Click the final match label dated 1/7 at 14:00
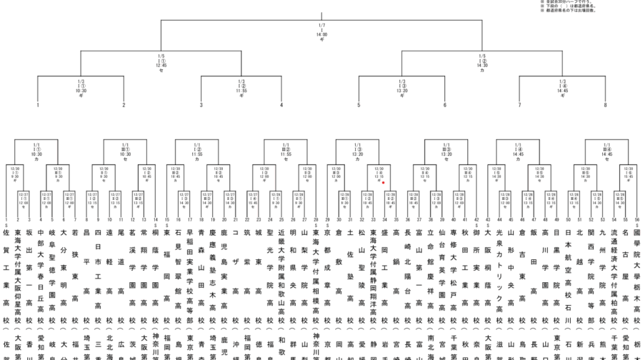[x=321, y=32]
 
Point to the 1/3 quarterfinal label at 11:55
[x=241, y=86]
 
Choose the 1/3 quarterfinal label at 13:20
[x=402, y=86]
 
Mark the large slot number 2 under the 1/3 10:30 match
[x=123, y=106]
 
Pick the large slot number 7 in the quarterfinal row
[x=519, y=106]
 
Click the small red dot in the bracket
[x=384, y=182]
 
